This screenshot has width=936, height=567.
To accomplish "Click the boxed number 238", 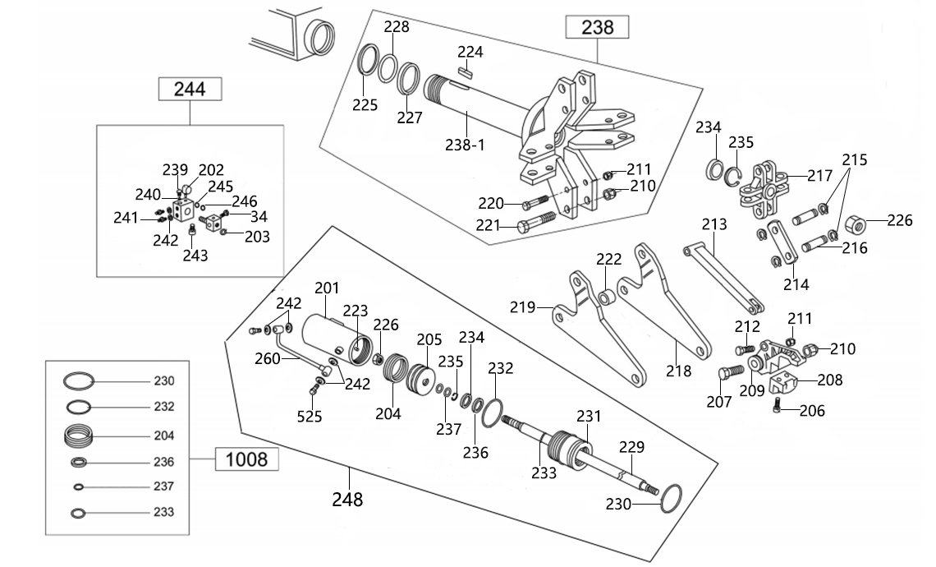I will pyautogui.click(x=597, y=27).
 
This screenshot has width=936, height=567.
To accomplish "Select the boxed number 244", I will pyautogui.click(x=190, y=89).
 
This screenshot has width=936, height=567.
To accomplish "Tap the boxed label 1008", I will pyautogui.click(x=246, y=459).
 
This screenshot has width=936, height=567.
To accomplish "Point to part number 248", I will pyautogui.click(x=347, y=499).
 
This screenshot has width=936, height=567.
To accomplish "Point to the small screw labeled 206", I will pyautogui.click(x=778, y=405).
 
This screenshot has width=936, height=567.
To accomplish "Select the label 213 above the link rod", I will pyautogui.click(x=714, y=224).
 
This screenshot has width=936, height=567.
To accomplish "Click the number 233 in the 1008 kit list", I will pyautogui.click(x=164, y=512).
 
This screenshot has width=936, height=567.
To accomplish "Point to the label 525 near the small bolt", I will pyautogui.click(x=310, y=417).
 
